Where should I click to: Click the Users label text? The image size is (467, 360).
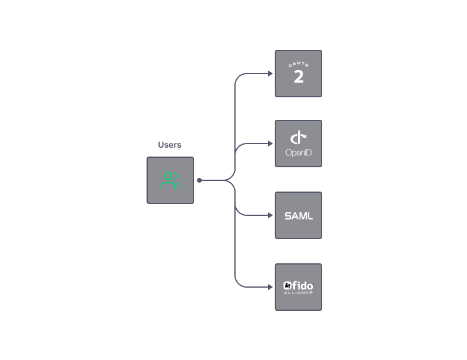tap(170, 145)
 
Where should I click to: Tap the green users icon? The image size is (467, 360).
tap(170, 180)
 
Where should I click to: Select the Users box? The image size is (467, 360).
tap(170, 180)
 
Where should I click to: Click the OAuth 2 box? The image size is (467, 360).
tap(298, 74)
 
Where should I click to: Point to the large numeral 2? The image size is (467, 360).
tap(298, 77)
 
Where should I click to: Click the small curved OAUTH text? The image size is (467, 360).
tap(298, 65)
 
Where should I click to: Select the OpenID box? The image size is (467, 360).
tap(298, 144)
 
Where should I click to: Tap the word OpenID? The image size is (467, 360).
tap(298, 153)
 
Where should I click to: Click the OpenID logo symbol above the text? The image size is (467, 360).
tap(298, 138)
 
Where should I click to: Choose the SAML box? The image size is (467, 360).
tap(298, 215)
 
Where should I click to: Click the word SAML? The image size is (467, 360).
tap(298, 216)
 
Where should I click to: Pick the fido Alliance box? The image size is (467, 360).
tap(298, 287)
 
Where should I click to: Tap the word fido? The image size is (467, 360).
tap(303, 285)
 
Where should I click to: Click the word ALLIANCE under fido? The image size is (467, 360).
tap(298, 292)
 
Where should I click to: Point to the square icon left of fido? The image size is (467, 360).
tap(287, 285)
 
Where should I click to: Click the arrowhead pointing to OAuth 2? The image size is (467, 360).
tap(271, 74)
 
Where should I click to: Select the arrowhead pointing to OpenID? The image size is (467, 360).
tap(271, 144)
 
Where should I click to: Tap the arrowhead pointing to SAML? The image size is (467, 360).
tap(271, 215)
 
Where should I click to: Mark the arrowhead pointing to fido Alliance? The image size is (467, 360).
tap(271, 287)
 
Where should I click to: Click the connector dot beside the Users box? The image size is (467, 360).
tap(199, 180)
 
